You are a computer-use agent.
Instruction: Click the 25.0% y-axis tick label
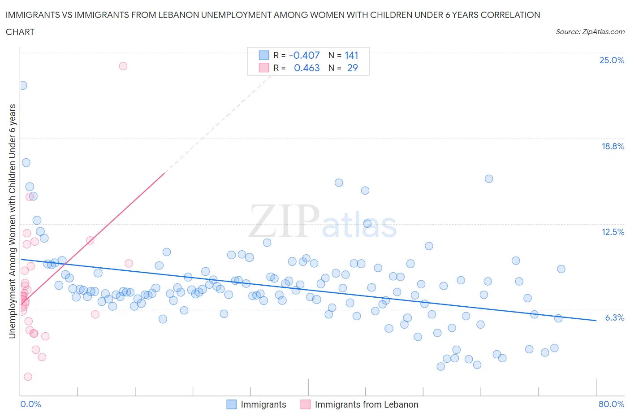pyautogui.click(x=612, y=61)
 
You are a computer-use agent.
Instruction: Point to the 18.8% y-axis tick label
pyautogui.click(x=613, y=146)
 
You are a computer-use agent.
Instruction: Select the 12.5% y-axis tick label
pyautogui.click(x=613, y=232)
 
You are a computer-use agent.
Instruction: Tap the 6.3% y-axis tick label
pyautogui.click(x=614, y=317)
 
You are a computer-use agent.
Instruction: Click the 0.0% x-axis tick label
pyautogui.click(x=30, y=404)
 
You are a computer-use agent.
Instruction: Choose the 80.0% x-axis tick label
pyautogui.click(x=611, y=404)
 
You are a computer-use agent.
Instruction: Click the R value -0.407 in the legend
pyautogui.click(x=304, y=55)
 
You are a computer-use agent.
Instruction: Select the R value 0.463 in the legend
pyautogui.click(x=306, y=68)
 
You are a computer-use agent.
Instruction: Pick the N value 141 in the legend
pyautogui.click(x=351, y=55)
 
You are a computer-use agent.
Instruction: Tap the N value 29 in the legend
pyautogui.click(x=352, y=68)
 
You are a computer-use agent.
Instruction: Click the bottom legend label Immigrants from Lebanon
pyautogui.click(x=366, y=404)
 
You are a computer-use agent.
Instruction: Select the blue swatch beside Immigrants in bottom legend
pyautogui.click(x=231, y=404)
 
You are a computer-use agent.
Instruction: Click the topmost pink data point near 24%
pyautogui.click(x=123, y=66)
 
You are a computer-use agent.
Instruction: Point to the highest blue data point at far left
pyautogui.click(x=23, y=85)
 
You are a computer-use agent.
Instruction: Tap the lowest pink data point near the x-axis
pyautogui.click(x=28, y=377)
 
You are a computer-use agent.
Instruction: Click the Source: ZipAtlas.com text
pyautogui.click(x=590, y=32)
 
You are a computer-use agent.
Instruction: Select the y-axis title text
pyautogui.click(x=13, y=221)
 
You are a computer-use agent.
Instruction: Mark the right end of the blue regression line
pyautogui.click(x=596, y=320)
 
